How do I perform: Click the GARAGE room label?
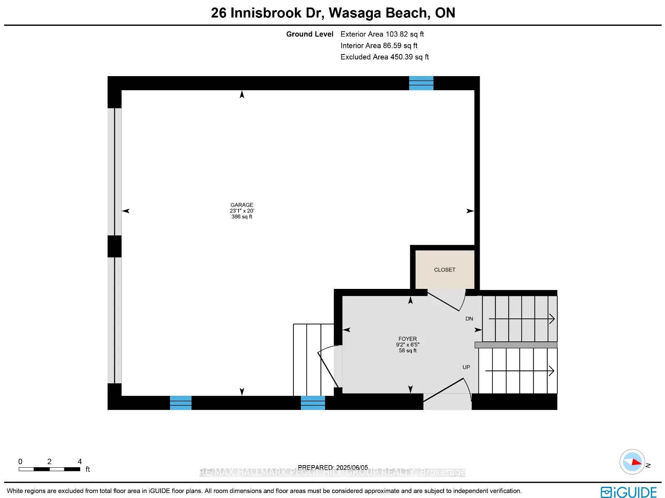click(241, 205)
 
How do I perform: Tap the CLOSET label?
click(444, 270)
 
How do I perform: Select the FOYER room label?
click(407, 339)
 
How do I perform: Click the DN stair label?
click(469, 319)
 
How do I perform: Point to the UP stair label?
click(466, 367)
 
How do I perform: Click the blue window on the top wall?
click(421, 83)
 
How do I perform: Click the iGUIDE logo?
click(628, 492)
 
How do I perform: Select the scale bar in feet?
click(49, 469)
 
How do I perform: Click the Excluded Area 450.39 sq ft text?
click(384, 57)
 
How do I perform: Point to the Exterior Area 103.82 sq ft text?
click(382, 34)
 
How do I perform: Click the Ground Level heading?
click(310, 34)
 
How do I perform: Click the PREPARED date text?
click(332, 467)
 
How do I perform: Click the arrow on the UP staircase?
click(520, 371)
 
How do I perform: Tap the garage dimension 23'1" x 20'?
click(241, 211)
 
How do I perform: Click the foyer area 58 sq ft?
click(407, 350)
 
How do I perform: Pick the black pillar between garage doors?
click(114, 247)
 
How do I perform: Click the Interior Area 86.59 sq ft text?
click(379, 46)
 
